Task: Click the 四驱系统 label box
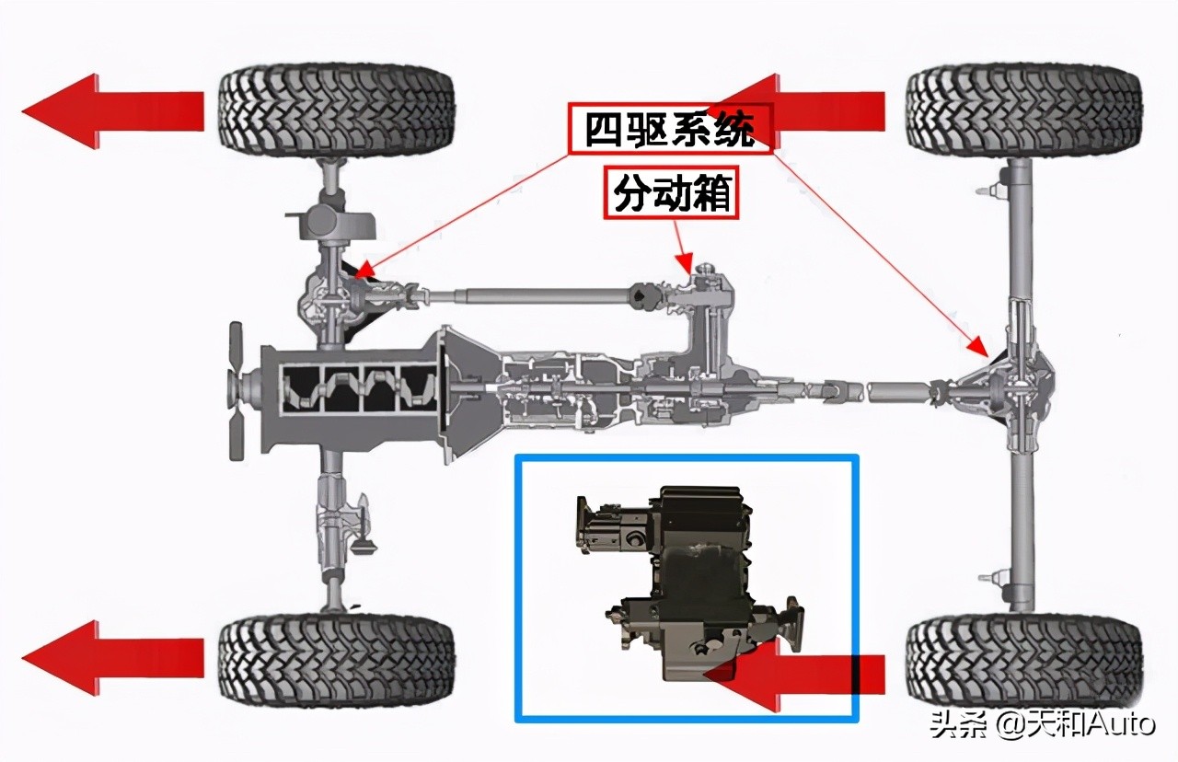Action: pyautogui.click(x=670, y=128)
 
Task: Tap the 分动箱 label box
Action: pyautogui.click(x=672, y=192)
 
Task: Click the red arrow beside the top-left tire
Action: pyautogui.click(x=110, y=110)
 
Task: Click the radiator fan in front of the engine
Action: pyautogui.click(x=237, y=391)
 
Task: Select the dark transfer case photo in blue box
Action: pyautogui.click(x=686, y=580)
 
